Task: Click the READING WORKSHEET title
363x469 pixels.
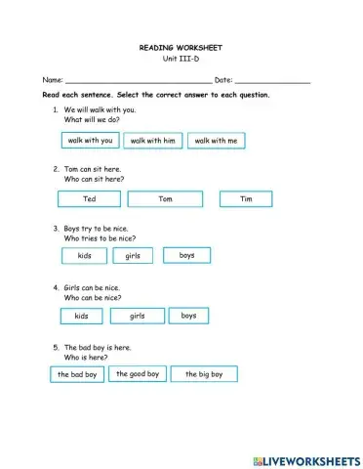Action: click(x=181, y=47)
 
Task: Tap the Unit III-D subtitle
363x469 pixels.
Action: click(x=181, y=59)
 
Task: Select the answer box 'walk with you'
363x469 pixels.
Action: click(x=90, y=141)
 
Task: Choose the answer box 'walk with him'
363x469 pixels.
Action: click(x=152, y=141)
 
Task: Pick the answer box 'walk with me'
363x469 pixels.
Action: click(x=216, y=141)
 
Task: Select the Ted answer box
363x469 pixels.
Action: click(x=89, y=199)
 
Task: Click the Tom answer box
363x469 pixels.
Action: click(x=165, y=199)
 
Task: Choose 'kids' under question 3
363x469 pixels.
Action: click(x=85, y=256)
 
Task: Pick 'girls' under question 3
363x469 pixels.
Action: click(x=133, y=256)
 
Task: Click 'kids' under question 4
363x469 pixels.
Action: click(x=81, y=317)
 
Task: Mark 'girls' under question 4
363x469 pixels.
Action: click(x=137, y=316)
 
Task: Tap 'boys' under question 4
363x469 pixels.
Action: click(x=188, y=315)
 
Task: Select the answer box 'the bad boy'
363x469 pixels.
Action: click(x=77, y=374)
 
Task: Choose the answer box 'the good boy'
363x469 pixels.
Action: click(x=137, y=373)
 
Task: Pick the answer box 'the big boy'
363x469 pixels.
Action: click(x=204, y=374)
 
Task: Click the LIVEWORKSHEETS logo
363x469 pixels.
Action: click(x=305, y=458)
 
